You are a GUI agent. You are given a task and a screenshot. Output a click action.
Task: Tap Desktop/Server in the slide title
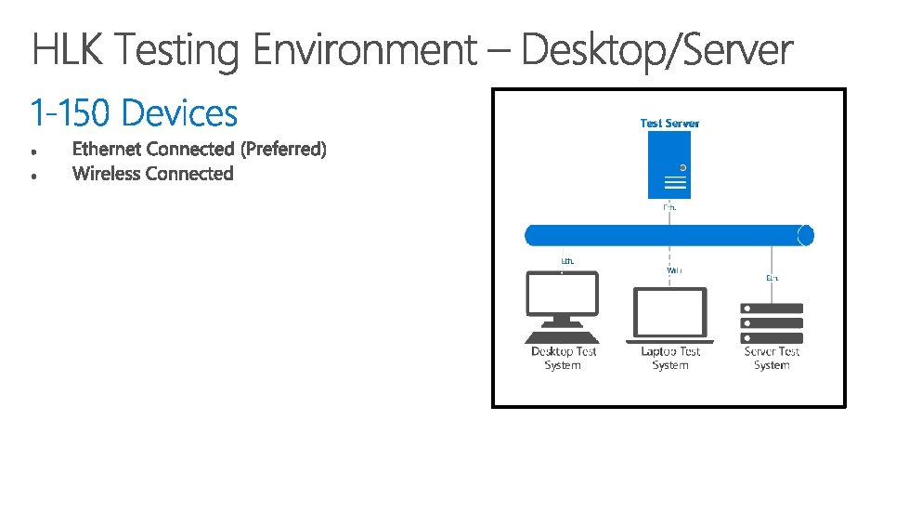point(657,50)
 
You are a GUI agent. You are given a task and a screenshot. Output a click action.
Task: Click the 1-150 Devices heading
point(134,113)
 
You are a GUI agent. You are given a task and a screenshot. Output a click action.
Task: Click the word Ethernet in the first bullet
point(107,149)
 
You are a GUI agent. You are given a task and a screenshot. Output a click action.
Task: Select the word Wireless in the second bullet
point(106,174)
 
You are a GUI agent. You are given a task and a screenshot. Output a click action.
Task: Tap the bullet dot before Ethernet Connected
point(32,150)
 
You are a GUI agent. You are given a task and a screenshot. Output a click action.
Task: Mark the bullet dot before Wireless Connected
point(32,175)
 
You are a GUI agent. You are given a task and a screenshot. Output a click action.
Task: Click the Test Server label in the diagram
point(669,123)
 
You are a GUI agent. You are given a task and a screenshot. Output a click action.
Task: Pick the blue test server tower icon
point(669,164)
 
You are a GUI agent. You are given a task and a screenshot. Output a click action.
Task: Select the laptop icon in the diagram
point(669,314)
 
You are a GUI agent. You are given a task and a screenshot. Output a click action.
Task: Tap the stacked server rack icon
point(772,322)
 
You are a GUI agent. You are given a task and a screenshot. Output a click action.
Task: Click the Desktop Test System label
point(563,359)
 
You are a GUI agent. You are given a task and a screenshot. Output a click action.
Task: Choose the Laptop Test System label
point(669,359)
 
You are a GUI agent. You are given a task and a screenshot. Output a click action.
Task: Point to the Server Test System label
point(772,359)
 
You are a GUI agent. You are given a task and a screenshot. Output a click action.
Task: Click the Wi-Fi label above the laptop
point(674,270)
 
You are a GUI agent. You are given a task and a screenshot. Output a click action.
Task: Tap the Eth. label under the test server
point(669,207)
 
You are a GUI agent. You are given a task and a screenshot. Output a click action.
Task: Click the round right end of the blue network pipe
point(805,234)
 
